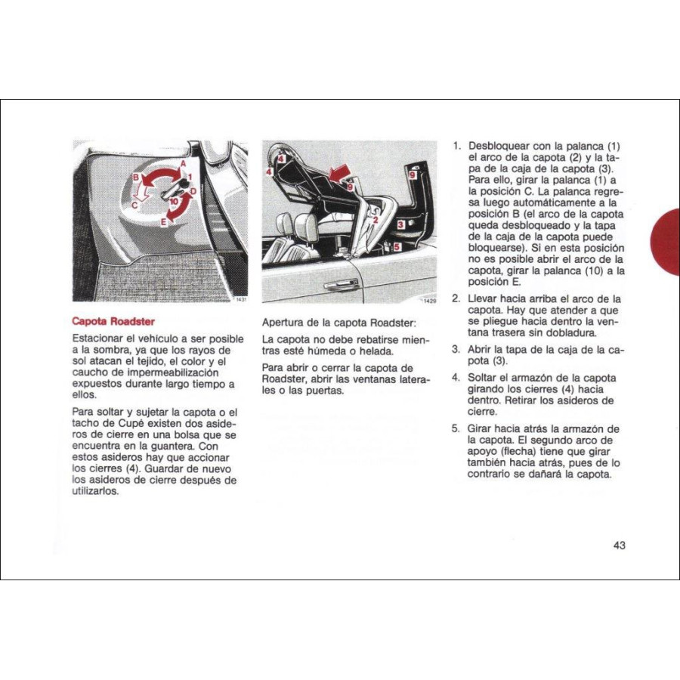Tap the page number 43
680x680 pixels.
[x=620, y=545]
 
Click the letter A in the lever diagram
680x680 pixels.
[x=183, y=163]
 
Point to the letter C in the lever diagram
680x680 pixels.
[x=134, y=204]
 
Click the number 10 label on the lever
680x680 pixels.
[x=174, y=202]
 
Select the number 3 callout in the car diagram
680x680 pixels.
[x=400, y=224]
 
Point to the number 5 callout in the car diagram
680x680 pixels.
[x=397, y=246]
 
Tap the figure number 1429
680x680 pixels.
[x=428, y=301]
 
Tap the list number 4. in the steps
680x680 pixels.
[x=456, y=378]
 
